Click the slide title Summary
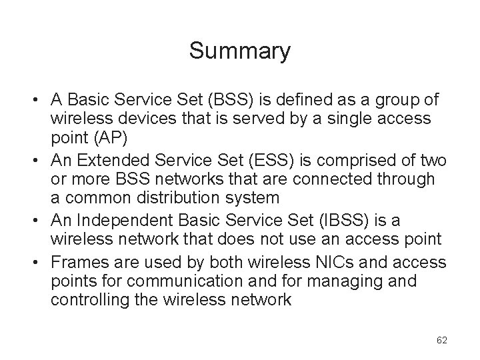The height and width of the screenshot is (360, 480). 239,51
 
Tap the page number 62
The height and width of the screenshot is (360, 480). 441,340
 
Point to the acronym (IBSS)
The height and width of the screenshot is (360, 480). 319,220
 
